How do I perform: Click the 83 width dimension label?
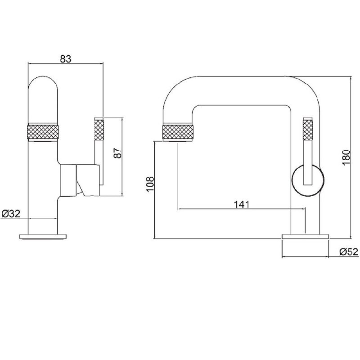(x=66, y=59)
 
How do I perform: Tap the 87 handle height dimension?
(x=117, y=153)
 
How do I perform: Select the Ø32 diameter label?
(x=11, y=214)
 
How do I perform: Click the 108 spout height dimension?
(x=150, y=184)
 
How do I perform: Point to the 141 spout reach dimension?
(x=241, y=204)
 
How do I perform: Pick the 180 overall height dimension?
(x=346, y=157)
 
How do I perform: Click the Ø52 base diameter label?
(x=349, y=252)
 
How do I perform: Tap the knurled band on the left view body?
(x=43, y=131)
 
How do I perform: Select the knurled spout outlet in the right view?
(x=178, y=131)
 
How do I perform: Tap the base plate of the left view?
(x=43, y=237)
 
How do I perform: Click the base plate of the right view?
(x=306, y=237)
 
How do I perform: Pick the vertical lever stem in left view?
(x=99, y=162)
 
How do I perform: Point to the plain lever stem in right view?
(x=308, y=162)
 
